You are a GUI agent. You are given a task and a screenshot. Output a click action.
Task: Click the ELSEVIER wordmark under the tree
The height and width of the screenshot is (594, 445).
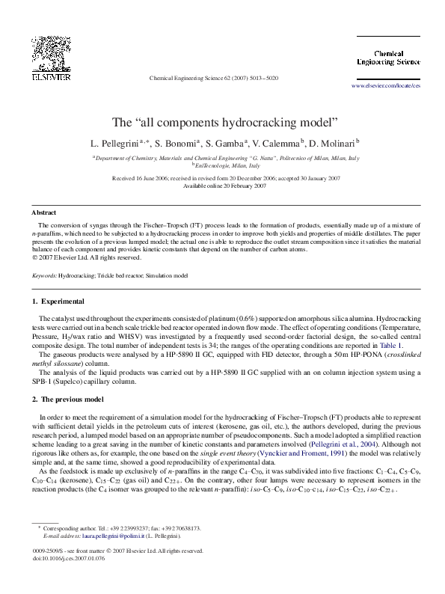tap(50, 76)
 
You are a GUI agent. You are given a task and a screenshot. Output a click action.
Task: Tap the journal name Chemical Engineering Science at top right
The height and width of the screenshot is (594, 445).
tap(387, 58)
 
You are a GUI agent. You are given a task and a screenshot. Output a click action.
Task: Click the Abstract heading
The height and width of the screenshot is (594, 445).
tap(44, 212)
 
